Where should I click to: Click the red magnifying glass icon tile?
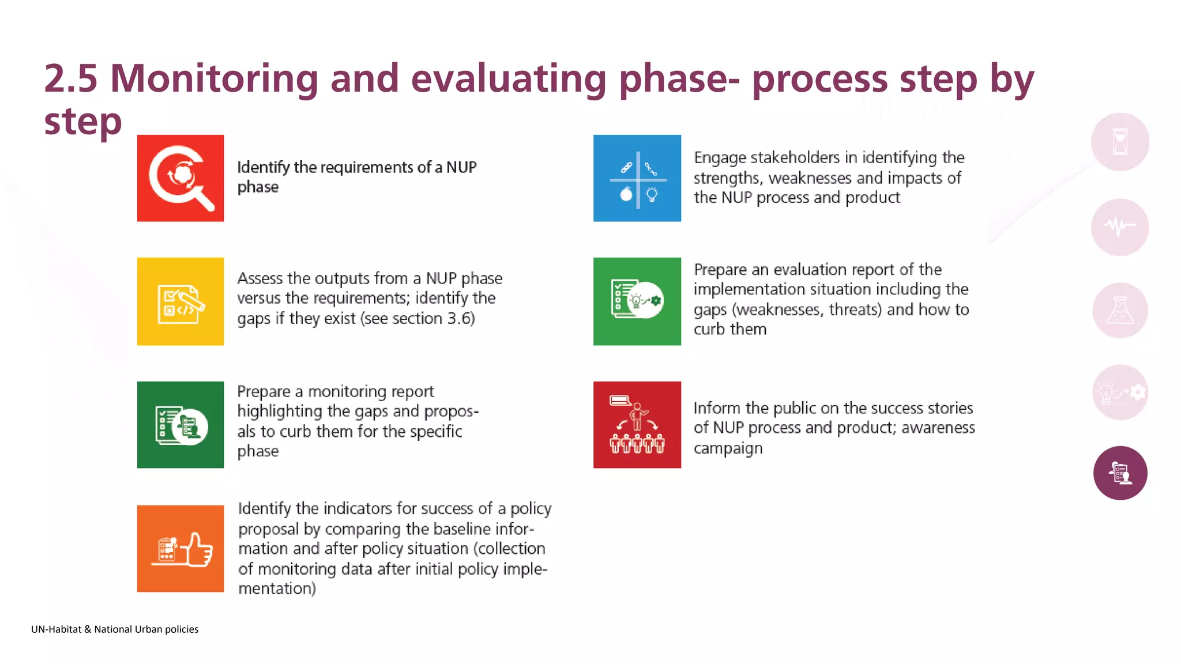[180, 178]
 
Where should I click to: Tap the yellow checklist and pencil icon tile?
[180, 301]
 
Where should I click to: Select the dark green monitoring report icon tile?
[180, 425]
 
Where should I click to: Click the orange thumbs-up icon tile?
[180, 549]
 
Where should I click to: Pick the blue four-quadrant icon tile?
[637, 178]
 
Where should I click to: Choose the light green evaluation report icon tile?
[637, 301]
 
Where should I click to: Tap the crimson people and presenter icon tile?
[637, 425]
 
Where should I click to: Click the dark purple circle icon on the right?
[1120, 473]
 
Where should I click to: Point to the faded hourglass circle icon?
[1120, 142]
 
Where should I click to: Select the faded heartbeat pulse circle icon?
[1120, 227]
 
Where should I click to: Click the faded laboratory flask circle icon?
[1120, 311]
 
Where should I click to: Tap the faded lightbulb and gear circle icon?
[1120, 393]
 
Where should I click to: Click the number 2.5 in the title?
[71, 78]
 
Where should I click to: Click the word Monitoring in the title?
[214, 78]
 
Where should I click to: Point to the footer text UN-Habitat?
[57, 629]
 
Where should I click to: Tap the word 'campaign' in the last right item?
[728, 448]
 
